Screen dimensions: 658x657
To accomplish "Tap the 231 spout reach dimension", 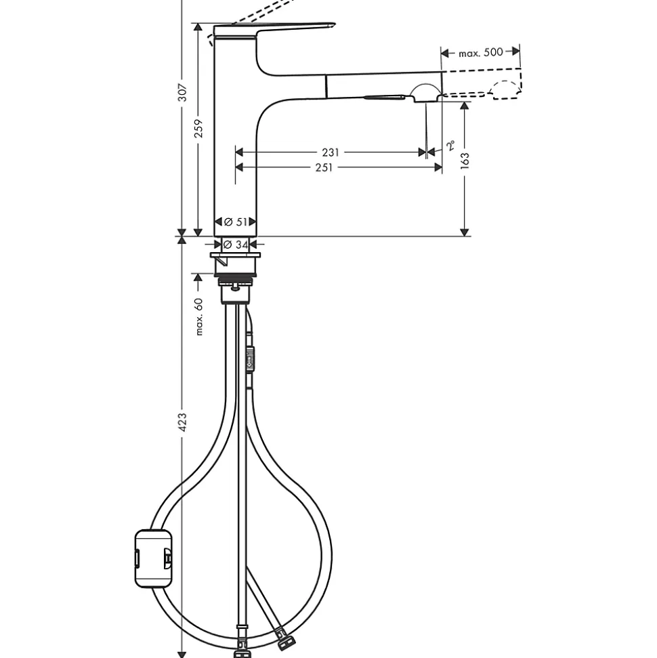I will [330, 152].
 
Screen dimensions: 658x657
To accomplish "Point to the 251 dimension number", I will [324, 167].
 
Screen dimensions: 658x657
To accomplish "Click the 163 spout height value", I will [465, 160].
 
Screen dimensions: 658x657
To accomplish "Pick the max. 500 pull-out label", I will [481, 52].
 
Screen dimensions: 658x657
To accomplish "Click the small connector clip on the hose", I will [250, 357].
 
